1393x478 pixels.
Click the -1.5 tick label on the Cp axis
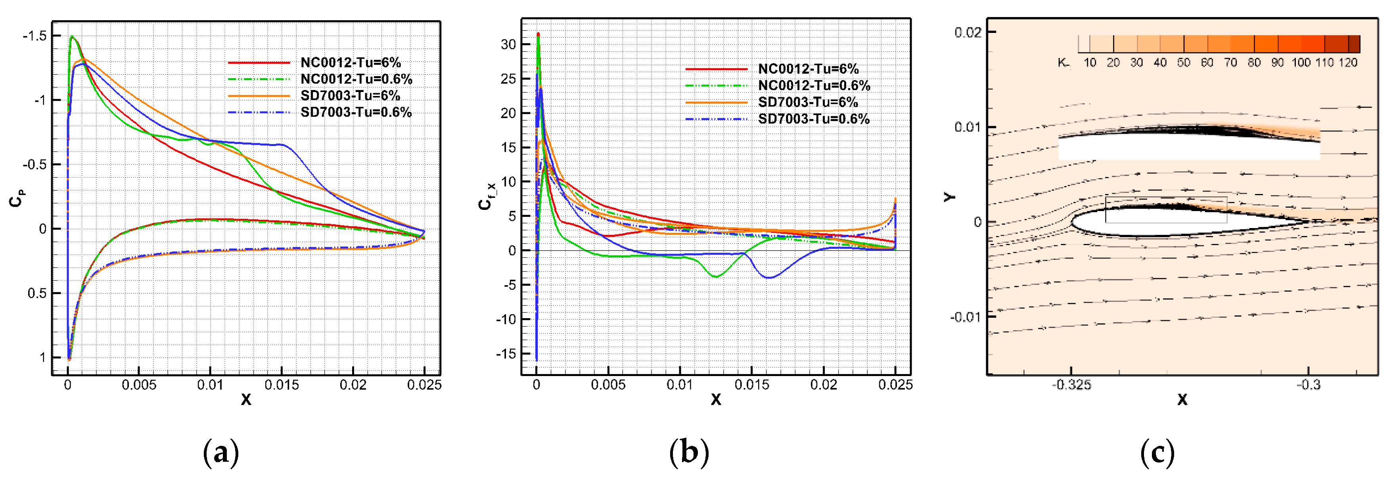click(x=34, y=36)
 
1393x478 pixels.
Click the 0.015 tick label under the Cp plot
click(x=281, y=385)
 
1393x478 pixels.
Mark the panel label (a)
click(x=220, y=452)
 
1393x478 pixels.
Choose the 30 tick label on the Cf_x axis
click(x=508, y=44)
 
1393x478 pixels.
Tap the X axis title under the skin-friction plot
click(x=715, y=399)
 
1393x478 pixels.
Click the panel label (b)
click(x=688, y=452)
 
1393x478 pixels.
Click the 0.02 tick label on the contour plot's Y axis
click(x=968, y=33)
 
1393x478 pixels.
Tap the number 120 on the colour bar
click(x=1348, y=63)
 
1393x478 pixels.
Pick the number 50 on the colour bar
click(x=1184, y=63)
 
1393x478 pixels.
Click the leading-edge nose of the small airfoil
click(x=1073, y=222)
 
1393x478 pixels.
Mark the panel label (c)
click(x=1157, y=452)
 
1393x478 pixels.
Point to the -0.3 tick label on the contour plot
click(x=1308, y=385)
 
